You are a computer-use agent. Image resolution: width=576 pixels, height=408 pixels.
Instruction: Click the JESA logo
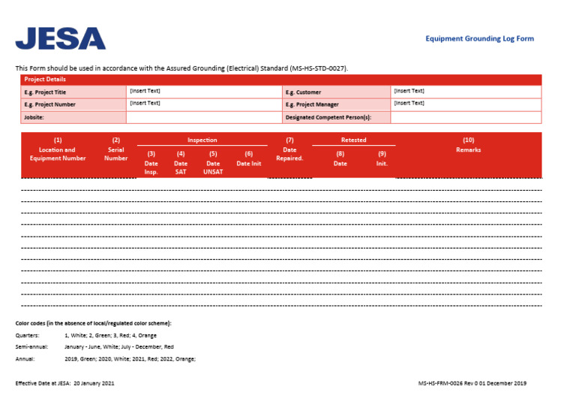61,38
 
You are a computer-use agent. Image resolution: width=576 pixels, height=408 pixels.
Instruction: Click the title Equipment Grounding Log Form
479,38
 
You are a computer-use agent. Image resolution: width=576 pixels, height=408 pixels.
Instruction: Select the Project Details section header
45,79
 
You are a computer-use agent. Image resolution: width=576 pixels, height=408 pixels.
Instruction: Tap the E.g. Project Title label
45,92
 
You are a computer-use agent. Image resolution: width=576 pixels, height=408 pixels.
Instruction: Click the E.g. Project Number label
49,104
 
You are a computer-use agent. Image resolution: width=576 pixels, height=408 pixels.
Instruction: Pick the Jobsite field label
34,117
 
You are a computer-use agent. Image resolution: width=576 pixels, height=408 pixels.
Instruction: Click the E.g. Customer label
303,92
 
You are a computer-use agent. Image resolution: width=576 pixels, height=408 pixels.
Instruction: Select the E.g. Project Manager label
312,104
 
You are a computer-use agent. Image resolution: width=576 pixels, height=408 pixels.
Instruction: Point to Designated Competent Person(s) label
328,117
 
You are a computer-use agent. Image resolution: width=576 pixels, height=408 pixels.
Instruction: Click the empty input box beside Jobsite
202,117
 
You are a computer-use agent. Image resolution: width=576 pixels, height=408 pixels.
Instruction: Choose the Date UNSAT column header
213,163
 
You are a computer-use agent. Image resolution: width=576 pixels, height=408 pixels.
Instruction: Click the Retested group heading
353,140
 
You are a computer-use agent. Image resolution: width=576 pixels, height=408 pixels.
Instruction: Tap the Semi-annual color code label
31,347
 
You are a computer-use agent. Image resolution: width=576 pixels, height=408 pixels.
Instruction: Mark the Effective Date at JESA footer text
65,383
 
